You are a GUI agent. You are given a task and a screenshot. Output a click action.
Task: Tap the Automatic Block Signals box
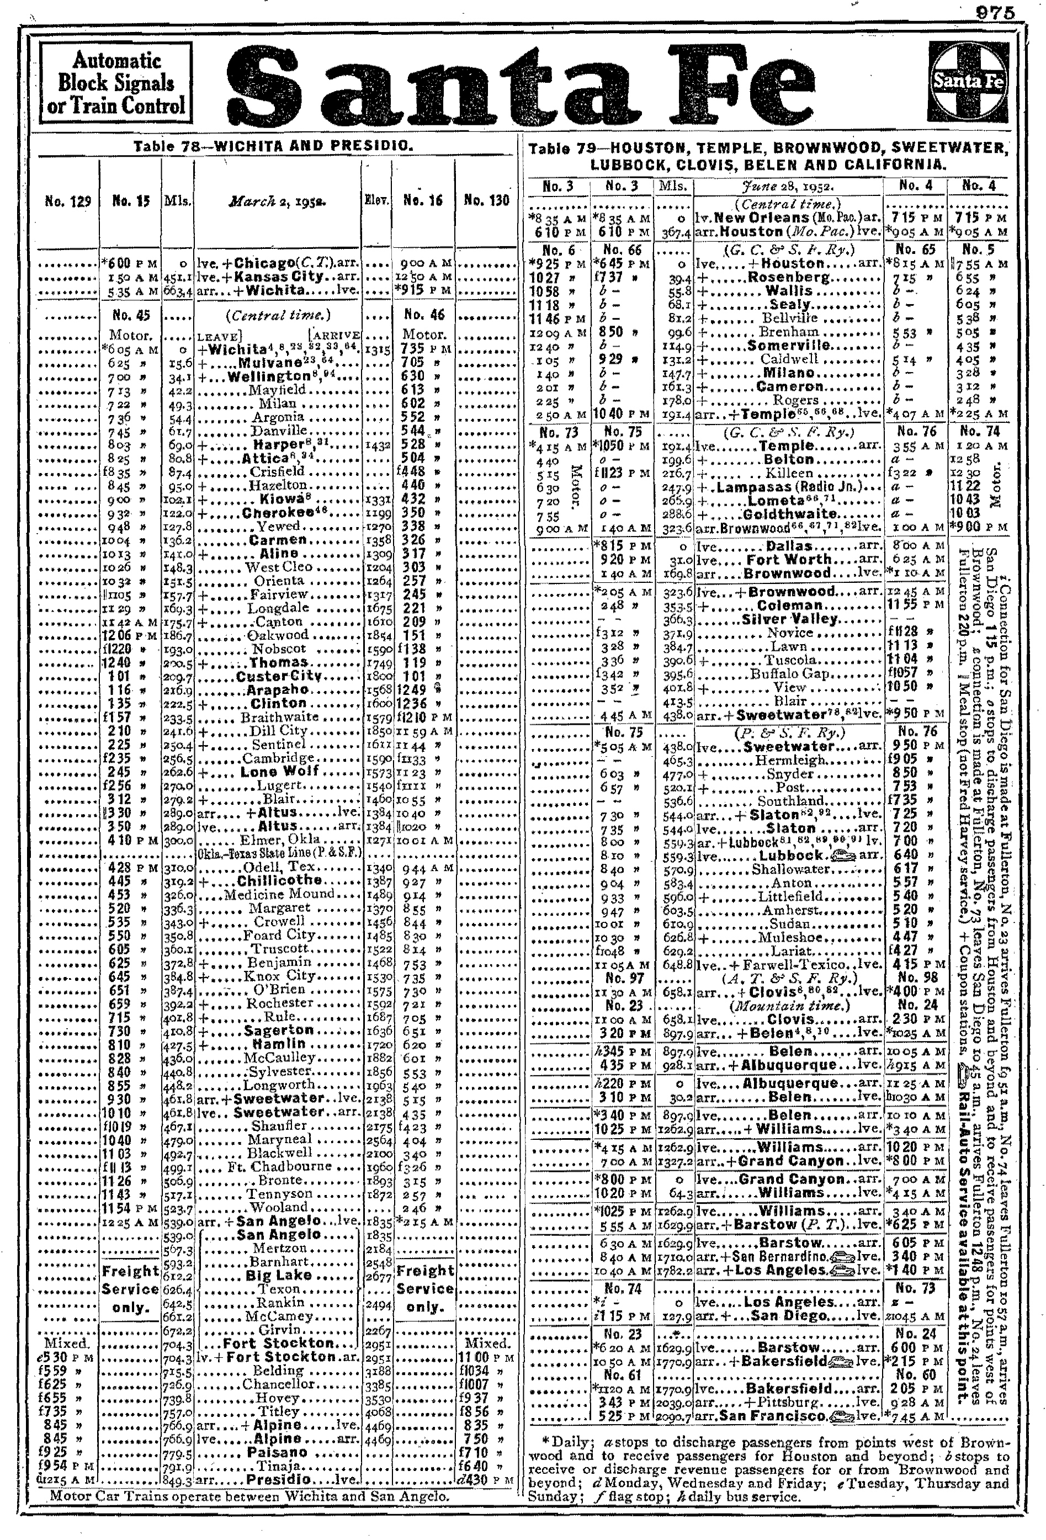(x=116, y=83)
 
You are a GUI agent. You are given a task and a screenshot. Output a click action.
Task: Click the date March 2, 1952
(x=278, y=201)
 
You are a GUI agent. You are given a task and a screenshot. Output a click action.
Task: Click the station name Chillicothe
(x=279, y=880)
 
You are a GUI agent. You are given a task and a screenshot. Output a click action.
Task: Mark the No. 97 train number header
(x=621, y=978)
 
